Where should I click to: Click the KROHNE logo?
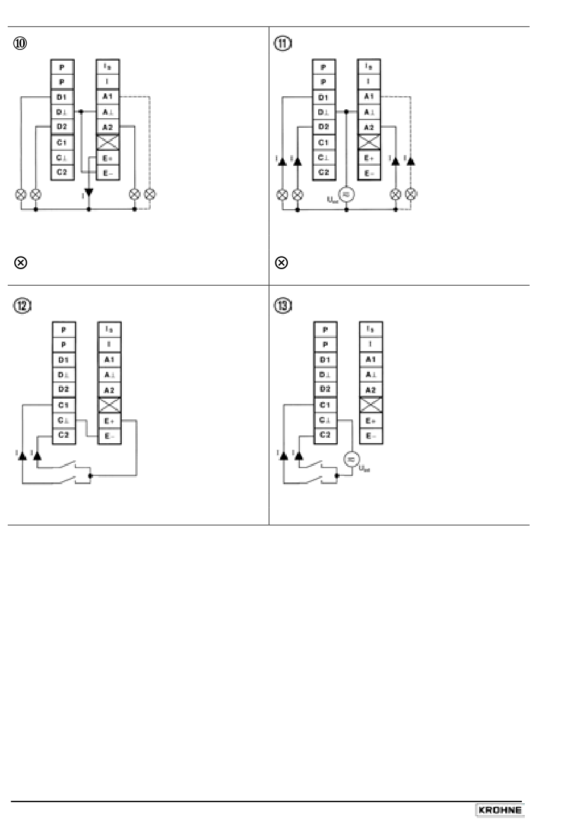click(x=500, y=810)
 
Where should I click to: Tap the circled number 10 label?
click(x=21, y=43)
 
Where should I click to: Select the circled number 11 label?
click(x=283, y=43)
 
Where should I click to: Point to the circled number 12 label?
click(x=21, y=305)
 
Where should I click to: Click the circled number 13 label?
click(x=283, y=305)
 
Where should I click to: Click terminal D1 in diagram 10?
click(x=62, y=97)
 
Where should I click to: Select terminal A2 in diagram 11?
click(x=369, y=127)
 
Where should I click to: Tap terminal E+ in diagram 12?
click(x=109, y=421)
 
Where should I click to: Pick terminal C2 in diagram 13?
click(x=325, y=435)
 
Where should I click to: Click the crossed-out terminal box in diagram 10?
click(x=107, y=142)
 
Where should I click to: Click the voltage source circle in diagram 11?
click(x=346, y=194)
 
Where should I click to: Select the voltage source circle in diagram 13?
click(x=351, y=459)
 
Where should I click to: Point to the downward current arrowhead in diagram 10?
click(x=89, y=193)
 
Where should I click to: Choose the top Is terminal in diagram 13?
click(x=370, y=329)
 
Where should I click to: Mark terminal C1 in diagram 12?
click(x=63, y=405)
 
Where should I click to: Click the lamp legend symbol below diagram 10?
click(x=20, y=263)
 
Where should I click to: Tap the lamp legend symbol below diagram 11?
click(x=282, y=263)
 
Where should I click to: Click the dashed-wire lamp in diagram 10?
click(x=150, y=194)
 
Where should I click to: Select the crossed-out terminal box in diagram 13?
click(x=370, y=405)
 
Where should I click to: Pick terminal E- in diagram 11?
click(x=369, y=173)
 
